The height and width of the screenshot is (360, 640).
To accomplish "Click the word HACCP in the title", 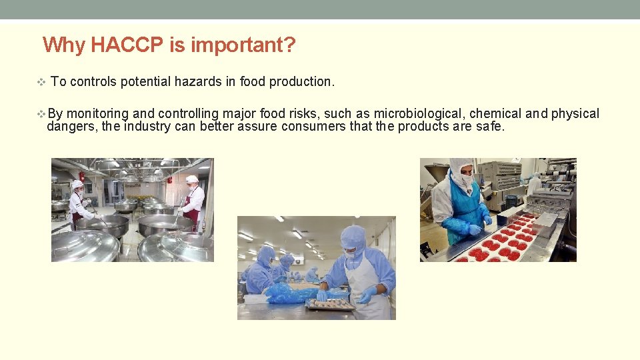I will [x=127, y=45].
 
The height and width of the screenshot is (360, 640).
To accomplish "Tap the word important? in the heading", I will [x=243, y=45].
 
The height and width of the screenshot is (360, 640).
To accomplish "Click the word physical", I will [x=575, y=113].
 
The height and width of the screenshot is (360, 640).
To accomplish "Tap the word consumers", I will [x=314, y=126].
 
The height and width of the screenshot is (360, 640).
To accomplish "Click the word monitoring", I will [x=98, y=113].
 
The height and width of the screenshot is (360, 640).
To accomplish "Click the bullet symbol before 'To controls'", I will [x=41, y=82].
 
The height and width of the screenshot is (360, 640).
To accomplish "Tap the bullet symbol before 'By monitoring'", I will [x=41, y=114].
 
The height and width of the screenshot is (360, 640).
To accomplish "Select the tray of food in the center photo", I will [x=329, y=303].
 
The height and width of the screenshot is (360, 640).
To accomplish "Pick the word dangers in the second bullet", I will [x=71, y=126].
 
